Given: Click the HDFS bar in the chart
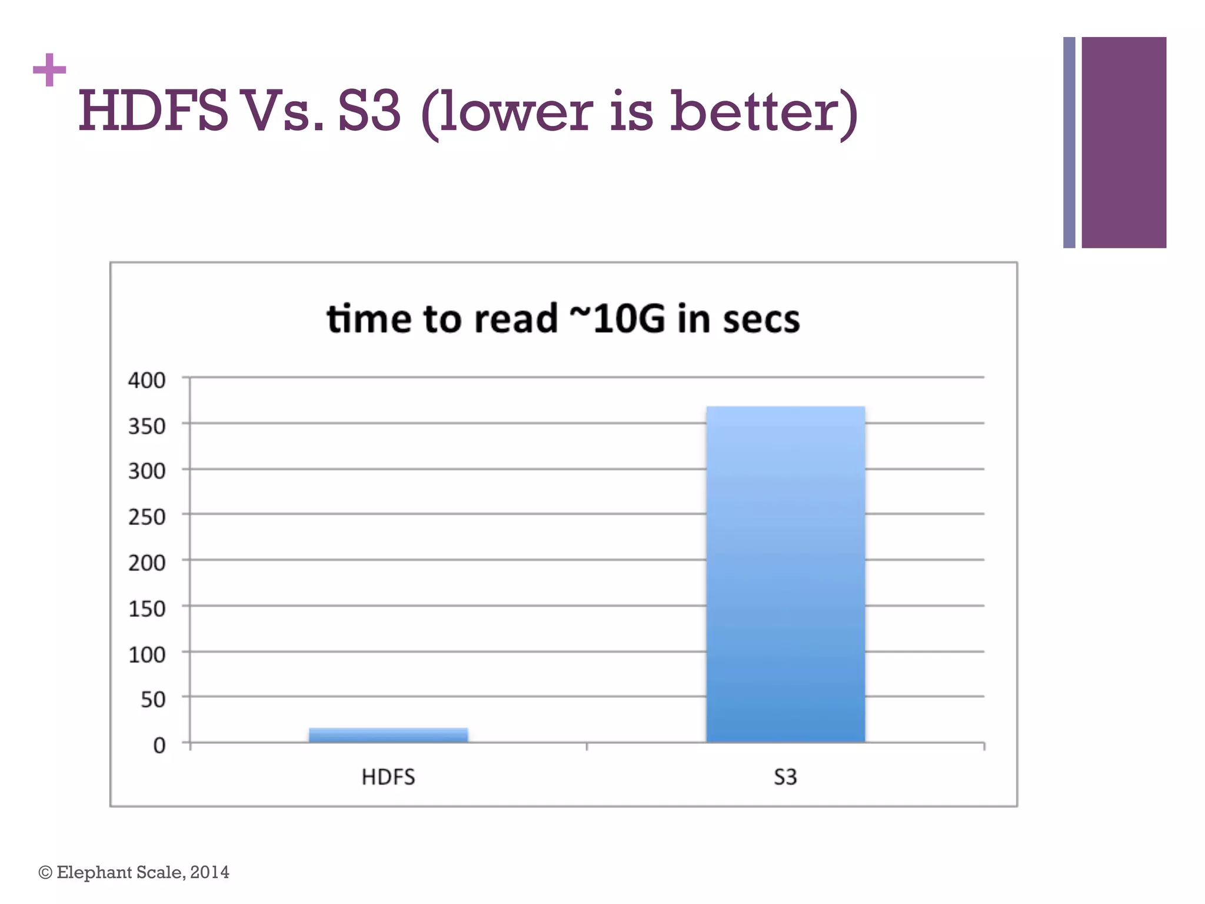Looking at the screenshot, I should [388, 734].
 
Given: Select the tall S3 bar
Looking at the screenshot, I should [785, 574].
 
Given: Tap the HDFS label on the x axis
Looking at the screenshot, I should [388, 777].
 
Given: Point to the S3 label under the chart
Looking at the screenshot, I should [785, 777].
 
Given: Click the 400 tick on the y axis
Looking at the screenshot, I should [147, 380].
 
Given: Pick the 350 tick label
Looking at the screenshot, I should [147, 426].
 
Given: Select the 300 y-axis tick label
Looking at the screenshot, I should [147, 471].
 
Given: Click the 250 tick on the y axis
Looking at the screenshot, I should [147, 517].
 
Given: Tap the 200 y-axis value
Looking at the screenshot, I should [147, 563].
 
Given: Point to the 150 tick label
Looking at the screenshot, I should [147, 609].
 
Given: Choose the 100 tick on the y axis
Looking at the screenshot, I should [147, 654].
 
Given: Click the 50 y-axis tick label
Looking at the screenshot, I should [153, 700].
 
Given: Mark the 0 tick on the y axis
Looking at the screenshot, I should [159, 746].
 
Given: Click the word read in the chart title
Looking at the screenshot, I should [515, 319].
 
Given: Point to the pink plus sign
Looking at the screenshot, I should [49, 70].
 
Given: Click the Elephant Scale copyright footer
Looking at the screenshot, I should [134, 872].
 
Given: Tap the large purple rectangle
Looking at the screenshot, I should [1124, 142].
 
